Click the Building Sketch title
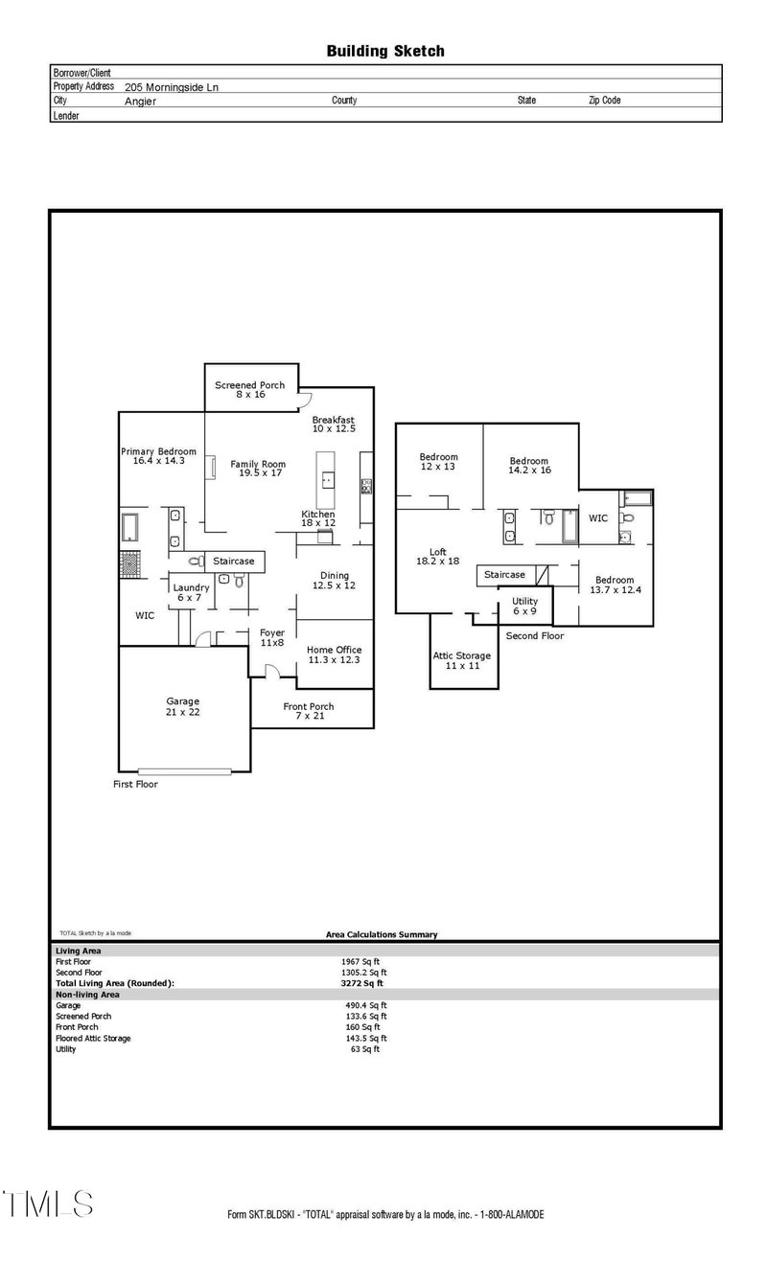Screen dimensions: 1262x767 pos(384,51)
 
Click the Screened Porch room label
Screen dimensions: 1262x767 pos(249,390)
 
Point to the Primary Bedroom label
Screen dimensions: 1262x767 pos(158,456)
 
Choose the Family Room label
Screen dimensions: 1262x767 pos(258,469)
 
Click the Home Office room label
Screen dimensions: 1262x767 pos(334,655)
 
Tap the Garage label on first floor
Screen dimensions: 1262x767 pos(183,706)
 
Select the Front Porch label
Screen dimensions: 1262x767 pos(310,711)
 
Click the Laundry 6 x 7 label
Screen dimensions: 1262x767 pos(193,592)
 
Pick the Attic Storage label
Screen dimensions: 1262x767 pos(462,660)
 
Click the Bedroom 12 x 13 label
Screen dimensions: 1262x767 pos(438,462)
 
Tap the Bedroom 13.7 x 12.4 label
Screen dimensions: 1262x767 pos(614,585)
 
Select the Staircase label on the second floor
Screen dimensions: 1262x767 pos(504,575)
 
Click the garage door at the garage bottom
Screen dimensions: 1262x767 pos(184,770)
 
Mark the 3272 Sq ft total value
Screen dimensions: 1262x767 pos(363,983)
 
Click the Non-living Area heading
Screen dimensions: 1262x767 pos(87,995)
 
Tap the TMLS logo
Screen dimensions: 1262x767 pos(48,1204)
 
